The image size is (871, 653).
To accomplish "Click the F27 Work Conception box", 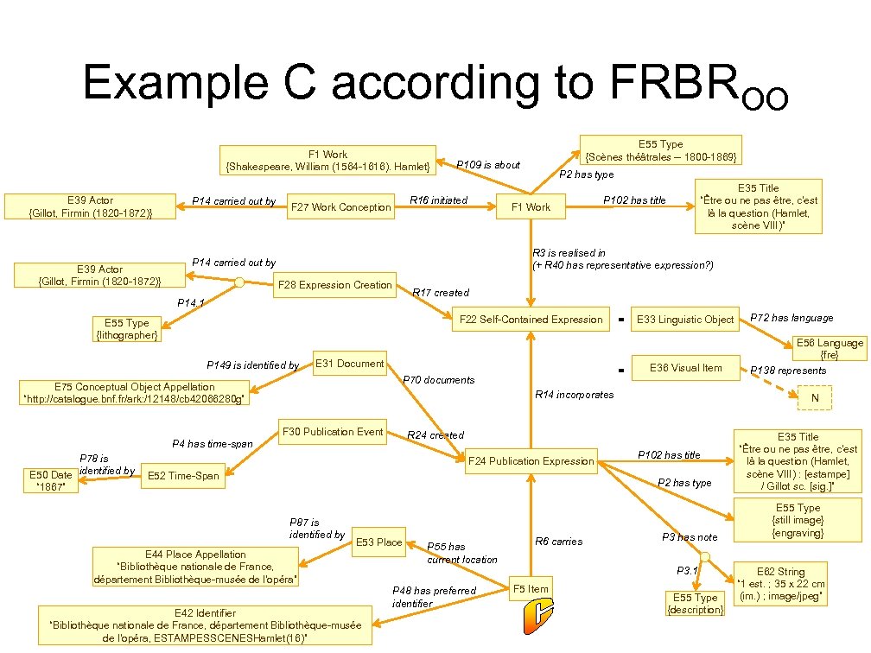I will click(x=340, y=207).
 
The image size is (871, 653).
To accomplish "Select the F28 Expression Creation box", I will click(x=334, y=285).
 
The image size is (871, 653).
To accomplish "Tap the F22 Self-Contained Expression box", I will click(x=531, y=320).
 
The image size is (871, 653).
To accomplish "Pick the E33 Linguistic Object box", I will click(x=684, y=320).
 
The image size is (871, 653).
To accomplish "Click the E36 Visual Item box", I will click(x=685, y=367).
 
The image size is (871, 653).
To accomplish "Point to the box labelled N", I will click(x=814, y=397).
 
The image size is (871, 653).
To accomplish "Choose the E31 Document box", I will click(x=349, y=364).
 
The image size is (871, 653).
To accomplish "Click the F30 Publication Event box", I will click(x=332, y=432).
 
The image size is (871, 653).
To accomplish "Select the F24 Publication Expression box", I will click(x=531, y=461).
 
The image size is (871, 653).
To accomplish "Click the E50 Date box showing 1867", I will click(x=51, y=480).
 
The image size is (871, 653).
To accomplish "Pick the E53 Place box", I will click(x=378, y=542).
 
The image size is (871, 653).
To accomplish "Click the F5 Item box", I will click(x=531, y=589).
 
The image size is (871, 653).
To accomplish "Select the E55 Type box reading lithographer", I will click(x=126, y=329).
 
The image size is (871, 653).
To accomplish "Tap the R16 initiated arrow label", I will click(x=438, y=200).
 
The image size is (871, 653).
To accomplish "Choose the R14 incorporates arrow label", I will click(x=574, y=395).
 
